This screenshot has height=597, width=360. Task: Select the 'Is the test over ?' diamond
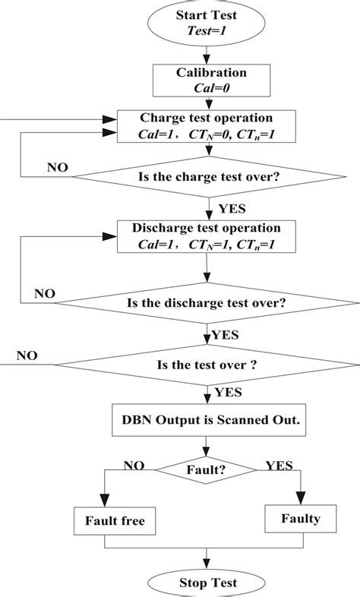tap(207, 364)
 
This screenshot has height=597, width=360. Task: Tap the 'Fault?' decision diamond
tap(207, 470)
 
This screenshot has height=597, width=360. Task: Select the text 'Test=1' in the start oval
tap(207, 31)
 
